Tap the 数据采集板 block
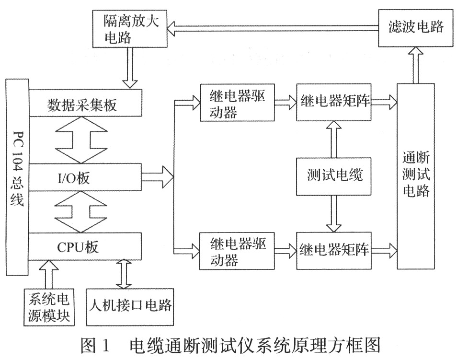[85, 104]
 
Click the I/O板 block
[85, 178]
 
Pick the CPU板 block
[85, 247]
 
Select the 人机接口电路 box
[130, 305]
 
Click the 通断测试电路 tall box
[415, 176]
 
